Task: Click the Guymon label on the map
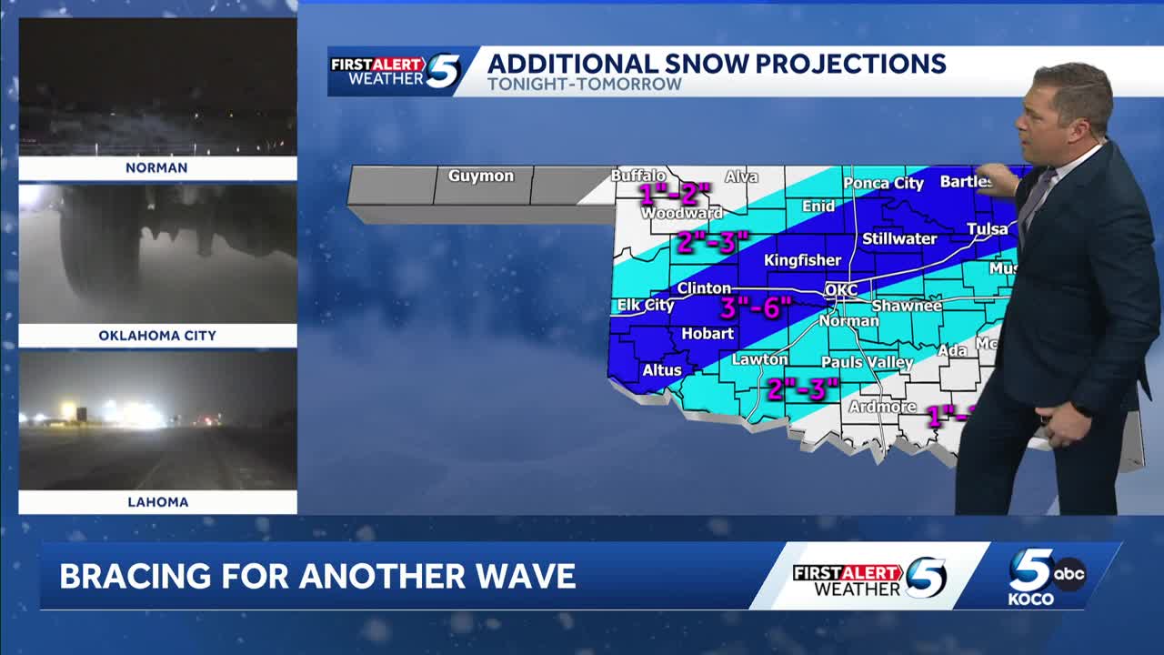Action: (x=480, y=176)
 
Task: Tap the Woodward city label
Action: (x=682, y=214)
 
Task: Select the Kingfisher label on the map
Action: (x=802, y=260)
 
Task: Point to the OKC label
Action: (x=840, y=290)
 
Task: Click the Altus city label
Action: (x=661, y=370)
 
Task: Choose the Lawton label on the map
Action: (x=759, y=359)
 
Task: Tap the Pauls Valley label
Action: (x=867, y=363)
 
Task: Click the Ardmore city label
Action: (x=882, y=407)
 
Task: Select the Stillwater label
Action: (x=899, y=239)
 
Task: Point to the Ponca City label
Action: (x=883, y=184)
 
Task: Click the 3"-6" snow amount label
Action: (x=756, y=307)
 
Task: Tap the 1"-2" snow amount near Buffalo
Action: (x=674, y=194)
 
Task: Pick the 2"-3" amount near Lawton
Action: (x=801, y=389)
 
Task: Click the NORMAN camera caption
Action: (x=157, y=168)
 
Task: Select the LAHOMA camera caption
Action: (x=157, y=502)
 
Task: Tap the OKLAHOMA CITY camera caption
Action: (x=157, y=336)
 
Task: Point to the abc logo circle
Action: (x=1069, y=573)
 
